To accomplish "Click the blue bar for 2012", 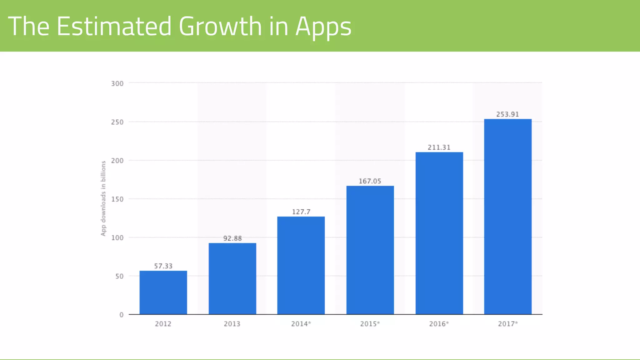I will pyautogui.click(x=163, y=292).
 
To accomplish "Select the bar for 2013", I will pyautogui.click(x=232, y=279).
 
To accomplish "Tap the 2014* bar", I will pyautogui.click(x=301, y=265).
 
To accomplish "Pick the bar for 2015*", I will pyautogui.click(x=370, y=250).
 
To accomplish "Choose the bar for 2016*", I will pyautogui.click(x=439, y=233).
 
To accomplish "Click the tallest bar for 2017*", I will pyautogui.click(x=508, y=217).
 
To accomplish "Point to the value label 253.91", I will pyautogui.click(x=507, y=114).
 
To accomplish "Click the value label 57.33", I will pyautogui.click(x=163, y=266).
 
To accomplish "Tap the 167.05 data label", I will pyautogui.click(x=370, y=181).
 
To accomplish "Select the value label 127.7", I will pyautogui.click(x=301, y=212).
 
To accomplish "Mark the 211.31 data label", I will pyautogui.click(x=439, y=147).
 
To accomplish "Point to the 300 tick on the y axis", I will pyautogui.click(x=117, y=84).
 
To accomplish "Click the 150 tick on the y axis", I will pyautogui.click(x=117, y=199).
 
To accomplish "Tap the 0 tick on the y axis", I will pyautogui.click(x=121, y=315).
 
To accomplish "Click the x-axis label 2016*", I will pyautogui.click(x=439, y=324).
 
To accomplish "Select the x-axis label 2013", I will pyautogui.click(x=232, y=324).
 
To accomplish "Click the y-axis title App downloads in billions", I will pyautogui.click(x=103, y=198).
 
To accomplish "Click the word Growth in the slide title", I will pyautogui.click(x=220, y=26).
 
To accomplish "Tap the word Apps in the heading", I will pyautogui.click(x=323, y=27).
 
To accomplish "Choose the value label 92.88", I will pyautogui.click(x=232, y=238).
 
